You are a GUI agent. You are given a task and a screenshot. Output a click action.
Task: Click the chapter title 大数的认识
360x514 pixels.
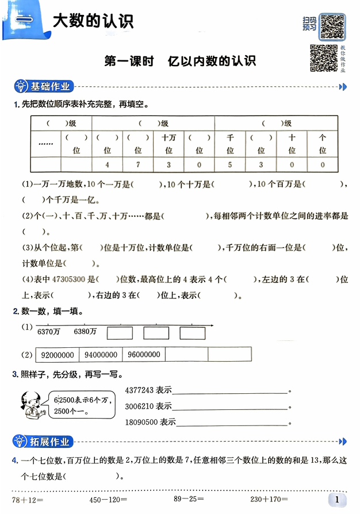(x=93, y=22)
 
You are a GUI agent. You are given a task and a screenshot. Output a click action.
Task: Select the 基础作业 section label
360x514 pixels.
(x=51, y=87)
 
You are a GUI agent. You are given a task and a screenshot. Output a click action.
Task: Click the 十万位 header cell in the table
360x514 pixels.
(x=168, y=144)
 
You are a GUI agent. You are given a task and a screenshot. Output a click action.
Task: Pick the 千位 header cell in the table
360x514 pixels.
(x=230, y=144)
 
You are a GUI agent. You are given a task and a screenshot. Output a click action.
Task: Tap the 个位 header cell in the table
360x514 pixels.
(x=322, y=144)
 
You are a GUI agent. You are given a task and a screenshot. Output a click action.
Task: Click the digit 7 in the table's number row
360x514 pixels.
(x=138, y=166)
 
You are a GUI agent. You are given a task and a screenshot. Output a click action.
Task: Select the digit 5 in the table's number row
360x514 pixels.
(x=230, y=166)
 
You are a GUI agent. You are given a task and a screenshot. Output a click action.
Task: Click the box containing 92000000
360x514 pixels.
(x=57, y=355)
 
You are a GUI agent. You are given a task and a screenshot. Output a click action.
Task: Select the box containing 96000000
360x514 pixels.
(x=143, y=355)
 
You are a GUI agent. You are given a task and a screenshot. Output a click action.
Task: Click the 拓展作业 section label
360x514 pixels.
(x=51, y=442)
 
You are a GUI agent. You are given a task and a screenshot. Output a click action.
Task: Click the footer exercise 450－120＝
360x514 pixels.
(x=108, y=500)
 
